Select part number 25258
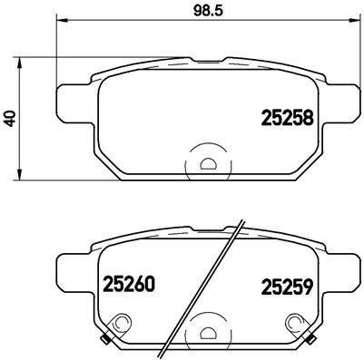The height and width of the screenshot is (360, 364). pos(287,117)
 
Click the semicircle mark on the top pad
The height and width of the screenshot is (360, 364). pos(208,164)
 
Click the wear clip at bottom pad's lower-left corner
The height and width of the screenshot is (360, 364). pos(105,340)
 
